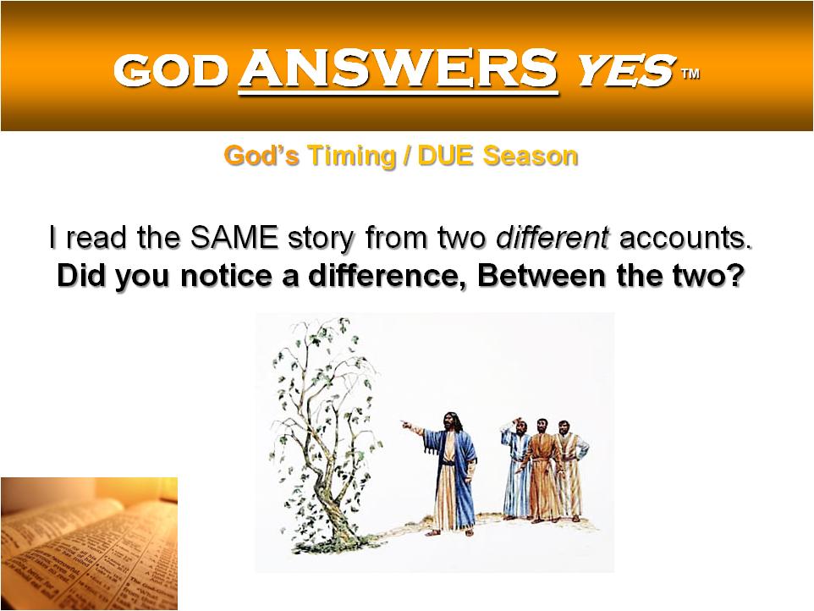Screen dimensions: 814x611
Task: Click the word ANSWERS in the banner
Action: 399,69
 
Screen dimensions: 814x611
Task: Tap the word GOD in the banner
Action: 171,70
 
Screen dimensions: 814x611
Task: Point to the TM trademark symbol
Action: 690,74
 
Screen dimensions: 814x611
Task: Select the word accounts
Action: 685,239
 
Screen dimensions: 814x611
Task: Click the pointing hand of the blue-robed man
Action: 407,426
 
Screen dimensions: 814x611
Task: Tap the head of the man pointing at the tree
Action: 452,422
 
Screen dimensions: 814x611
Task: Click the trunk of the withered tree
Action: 333,498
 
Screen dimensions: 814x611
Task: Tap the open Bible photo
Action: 90,543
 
